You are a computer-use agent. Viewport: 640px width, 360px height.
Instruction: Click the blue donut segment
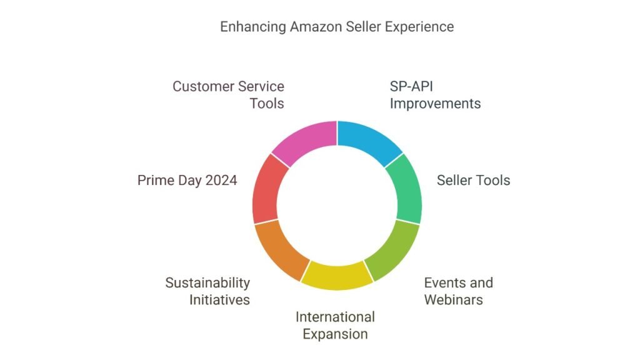(x=367, y=141)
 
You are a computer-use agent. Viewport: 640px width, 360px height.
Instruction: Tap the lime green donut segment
(x=394, y=251)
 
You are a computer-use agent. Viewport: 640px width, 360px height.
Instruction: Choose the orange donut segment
(x=280, y=251)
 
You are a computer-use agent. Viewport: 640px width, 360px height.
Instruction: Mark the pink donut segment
(x=307, y=141)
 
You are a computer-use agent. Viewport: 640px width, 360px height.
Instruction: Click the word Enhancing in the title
(x=252, y=27)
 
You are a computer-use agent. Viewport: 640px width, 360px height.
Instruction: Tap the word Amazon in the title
(x=316, y=27)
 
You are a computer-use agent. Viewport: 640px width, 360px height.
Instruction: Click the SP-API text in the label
(x=411, y=86)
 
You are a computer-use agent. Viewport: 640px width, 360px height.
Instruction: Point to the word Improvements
(x=435, y=104)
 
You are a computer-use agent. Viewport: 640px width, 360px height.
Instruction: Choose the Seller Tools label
(x=474, y=181)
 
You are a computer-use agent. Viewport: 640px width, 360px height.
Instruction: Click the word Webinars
(x=453, y=300)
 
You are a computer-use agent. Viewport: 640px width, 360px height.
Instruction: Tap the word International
(x=335, y=317)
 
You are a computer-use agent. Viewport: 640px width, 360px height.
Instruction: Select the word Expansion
(x=335, y=334)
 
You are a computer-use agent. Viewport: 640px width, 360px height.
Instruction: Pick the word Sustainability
(x=207, y=283)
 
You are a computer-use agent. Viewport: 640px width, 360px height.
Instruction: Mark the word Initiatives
(x=219, y=300)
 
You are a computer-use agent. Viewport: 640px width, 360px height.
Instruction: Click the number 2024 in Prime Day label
(x=221, y=181)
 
